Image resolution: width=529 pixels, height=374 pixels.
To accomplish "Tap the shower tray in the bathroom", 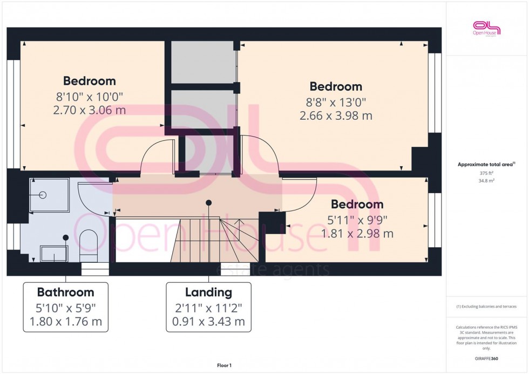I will click(49, 195).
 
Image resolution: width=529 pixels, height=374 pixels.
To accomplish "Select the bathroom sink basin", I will click(54, 253).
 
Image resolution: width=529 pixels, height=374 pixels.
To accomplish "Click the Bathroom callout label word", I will click(65, 293).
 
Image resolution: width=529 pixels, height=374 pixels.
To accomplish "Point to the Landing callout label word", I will click(208, 293).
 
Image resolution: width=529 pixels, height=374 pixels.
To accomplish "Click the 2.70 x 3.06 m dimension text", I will click(89, 110).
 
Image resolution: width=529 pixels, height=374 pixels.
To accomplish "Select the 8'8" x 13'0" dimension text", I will click(336, 101).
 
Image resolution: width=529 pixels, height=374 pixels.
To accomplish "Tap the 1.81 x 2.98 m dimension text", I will click(357, 234).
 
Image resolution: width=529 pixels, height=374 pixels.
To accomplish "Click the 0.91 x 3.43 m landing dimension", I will click(208, 322).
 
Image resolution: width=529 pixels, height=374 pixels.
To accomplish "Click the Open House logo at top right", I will click(486, 28).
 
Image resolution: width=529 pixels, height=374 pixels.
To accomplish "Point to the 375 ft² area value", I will click(486, 173).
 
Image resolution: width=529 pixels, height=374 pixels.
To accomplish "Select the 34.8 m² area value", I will click(486, 181).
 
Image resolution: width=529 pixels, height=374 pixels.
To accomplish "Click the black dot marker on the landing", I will click(208, 202).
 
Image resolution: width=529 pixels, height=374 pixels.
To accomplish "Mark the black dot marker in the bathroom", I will click(66, 237).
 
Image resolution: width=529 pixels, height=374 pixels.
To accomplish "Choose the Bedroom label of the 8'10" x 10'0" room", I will click(89, 81).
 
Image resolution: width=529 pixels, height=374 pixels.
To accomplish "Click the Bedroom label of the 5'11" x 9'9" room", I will click(357, 205).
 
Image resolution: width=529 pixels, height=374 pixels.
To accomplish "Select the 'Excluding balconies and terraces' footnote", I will click(486, 307).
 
